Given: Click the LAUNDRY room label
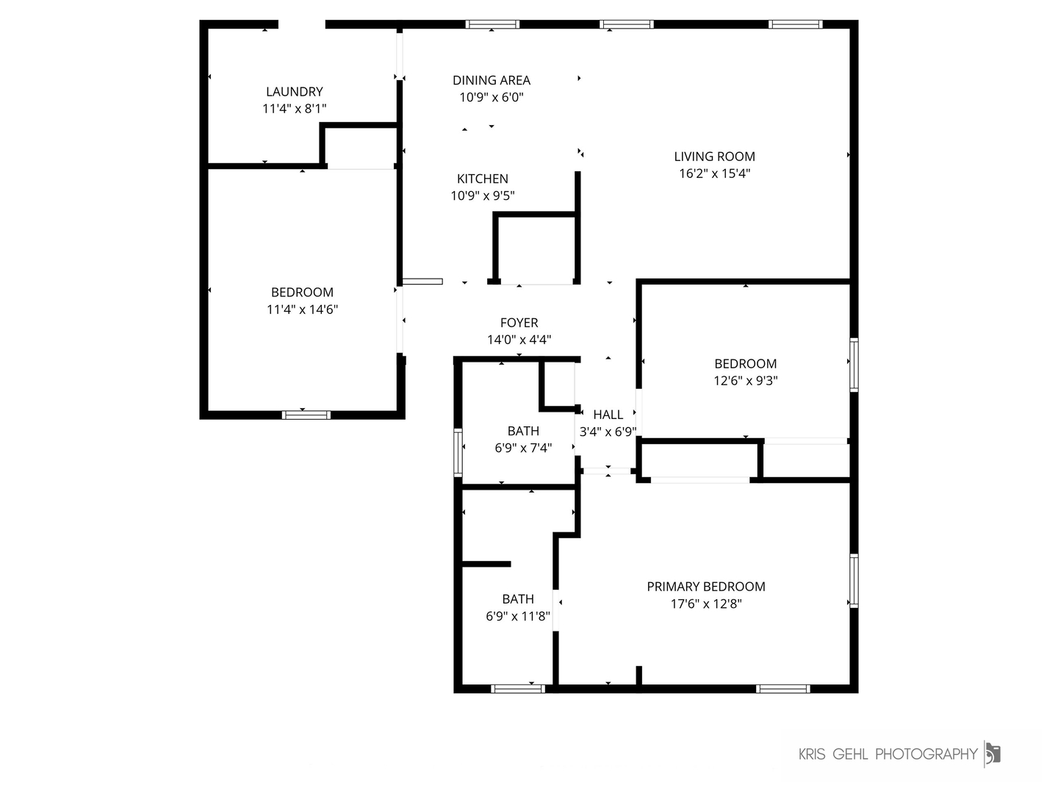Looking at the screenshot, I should (294, 92).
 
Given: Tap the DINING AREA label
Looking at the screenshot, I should (491, 80).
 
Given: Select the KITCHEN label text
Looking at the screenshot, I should (482, 179).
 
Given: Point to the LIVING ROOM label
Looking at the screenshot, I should (714, 157).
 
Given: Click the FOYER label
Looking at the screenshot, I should (519, 323).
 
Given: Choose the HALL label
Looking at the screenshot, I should (608, 415).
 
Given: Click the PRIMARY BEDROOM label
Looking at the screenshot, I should (705, 587).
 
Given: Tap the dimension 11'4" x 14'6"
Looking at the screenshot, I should (302, 310).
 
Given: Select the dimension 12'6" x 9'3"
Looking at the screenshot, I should (745, 381).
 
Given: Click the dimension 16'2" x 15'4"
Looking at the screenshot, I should (714, 174).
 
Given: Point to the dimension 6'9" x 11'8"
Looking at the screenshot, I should (517, 616).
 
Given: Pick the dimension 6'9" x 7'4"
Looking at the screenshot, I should (522, 448).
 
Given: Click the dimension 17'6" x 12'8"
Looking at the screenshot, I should (705, 604).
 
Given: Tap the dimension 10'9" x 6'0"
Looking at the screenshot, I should (491, 97).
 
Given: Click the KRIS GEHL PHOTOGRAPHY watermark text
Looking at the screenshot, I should (888, 754).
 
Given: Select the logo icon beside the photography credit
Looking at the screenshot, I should (993, 754).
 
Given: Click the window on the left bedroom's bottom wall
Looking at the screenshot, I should (306, 415).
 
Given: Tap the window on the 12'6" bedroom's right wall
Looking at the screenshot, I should (854, 364).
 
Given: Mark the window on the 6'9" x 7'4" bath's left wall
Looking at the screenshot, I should (458, 453).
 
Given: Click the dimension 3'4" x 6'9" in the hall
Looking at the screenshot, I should (608, 432).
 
